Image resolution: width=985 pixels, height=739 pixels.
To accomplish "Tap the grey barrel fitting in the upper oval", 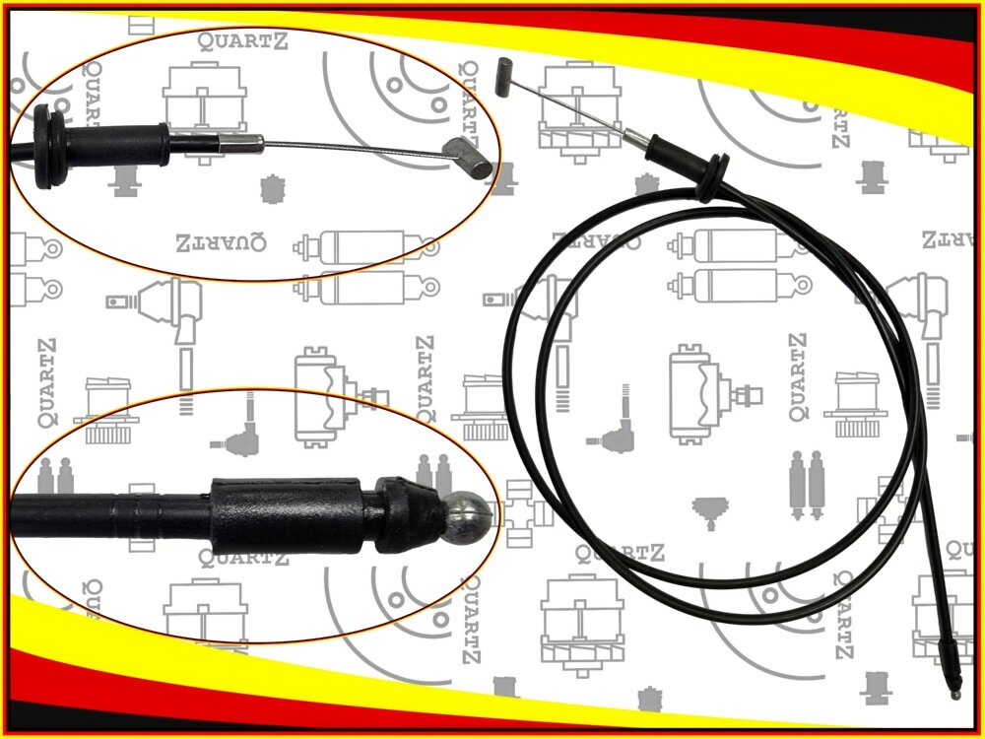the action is pyautogui.click(x=468, y=158).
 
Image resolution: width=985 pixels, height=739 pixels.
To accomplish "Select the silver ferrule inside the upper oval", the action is pyautogui.click(x=241, y=144).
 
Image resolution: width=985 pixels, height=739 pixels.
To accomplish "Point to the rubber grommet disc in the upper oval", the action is pyautogui.click(x=48, y=147).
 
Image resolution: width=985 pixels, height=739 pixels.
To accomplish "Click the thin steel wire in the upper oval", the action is pyautogui.click(x=354, y=149).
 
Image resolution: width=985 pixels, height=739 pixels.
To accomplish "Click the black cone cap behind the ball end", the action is pyautogui.click(x=410, y=514).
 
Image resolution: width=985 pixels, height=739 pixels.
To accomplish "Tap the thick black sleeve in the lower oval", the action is pyautogui.click(x=287, y=515).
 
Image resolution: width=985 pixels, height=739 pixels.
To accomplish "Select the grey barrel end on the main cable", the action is pyautogui.click(x=504, y=77).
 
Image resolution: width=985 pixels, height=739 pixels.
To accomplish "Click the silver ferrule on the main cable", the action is pyautogui.click(x=636, y=139).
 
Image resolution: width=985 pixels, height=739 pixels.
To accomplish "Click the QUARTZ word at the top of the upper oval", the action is pyautogui.click(x=243, y=41).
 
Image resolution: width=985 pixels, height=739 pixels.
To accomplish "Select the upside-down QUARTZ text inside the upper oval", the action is pyautogui.click(x=221, y=242).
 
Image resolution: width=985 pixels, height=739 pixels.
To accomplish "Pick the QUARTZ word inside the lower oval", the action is pyautogui.click(x=243, y=557).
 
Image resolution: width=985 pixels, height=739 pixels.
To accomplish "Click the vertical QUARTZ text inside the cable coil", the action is pyautogui.click(x=798, y=377).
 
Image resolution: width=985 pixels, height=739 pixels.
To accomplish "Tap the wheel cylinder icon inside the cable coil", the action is pyautogui.click(x=715, y=395).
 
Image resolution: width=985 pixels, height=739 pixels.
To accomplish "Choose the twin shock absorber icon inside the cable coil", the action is pyautogui.click(x=808, y=485).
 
